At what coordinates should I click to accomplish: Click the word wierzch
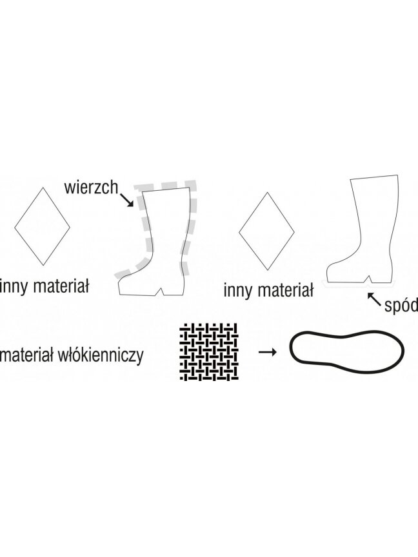91,187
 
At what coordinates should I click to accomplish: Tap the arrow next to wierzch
127,200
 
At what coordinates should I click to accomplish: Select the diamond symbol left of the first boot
43,226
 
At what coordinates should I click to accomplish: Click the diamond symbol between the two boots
266,231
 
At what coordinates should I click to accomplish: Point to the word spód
401,304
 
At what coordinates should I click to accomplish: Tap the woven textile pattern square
209,352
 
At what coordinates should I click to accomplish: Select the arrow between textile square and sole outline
267,352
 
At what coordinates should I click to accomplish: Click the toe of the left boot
121,287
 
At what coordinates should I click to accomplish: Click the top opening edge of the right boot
373,177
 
